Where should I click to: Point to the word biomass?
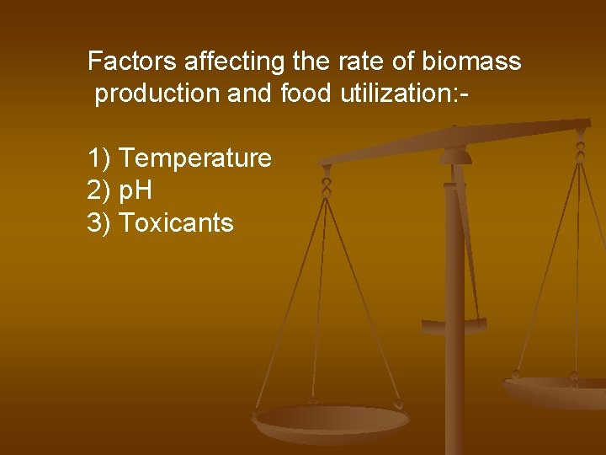pos(472,62)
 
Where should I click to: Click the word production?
pos(157,94)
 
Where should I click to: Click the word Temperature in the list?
pos(195,158)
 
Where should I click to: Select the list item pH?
pos(136,190)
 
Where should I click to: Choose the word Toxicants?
pos(176,222)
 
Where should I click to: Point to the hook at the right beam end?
pos(580,152)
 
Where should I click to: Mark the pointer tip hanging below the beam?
pos(454,324)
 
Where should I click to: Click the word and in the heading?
pos(247,94)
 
